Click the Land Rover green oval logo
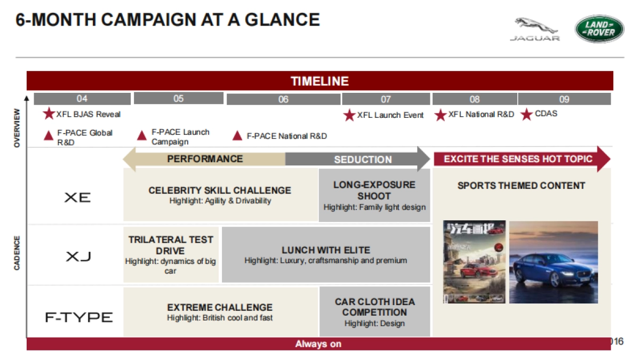pyautogui.click(x=599, y=29)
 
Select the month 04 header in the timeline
pyautogui.click(x=82, y=99)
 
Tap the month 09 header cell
pyautogui.click(x=564, y=99)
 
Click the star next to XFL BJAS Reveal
pyautogui.click(x=49, y=114)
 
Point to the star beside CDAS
pyautogui.click(x=526, y=114)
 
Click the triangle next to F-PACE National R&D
pyautogui.click(x=238, y=135)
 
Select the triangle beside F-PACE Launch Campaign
pyautogui.click(x=142, y=135)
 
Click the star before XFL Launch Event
pyautogui.click(x=349, y=115)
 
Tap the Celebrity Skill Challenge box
pyautogui.click(x=220, y=195)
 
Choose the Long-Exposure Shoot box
pyautogui.click(x=374, y=195)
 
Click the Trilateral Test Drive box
pyautogui.click(x=171, y=255)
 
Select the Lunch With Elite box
pyautogui.click(x=325, y=255)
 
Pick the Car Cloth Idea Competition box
pyautogui.click(x=374, y=312)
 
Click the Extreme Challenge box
pyautogui.click(x=220, y=312)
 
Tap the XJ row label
pyautogui.click(x=78, y=257)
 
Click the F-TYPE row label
pyautogui.click(x=78, y=318)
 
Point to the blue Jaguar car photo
pyautogui.click(x=553, y=262)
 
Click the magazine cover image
pyautogui.click(x=474, y=262)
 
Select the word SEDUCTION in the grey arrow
pyautogui.click(x=363, y=159)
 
